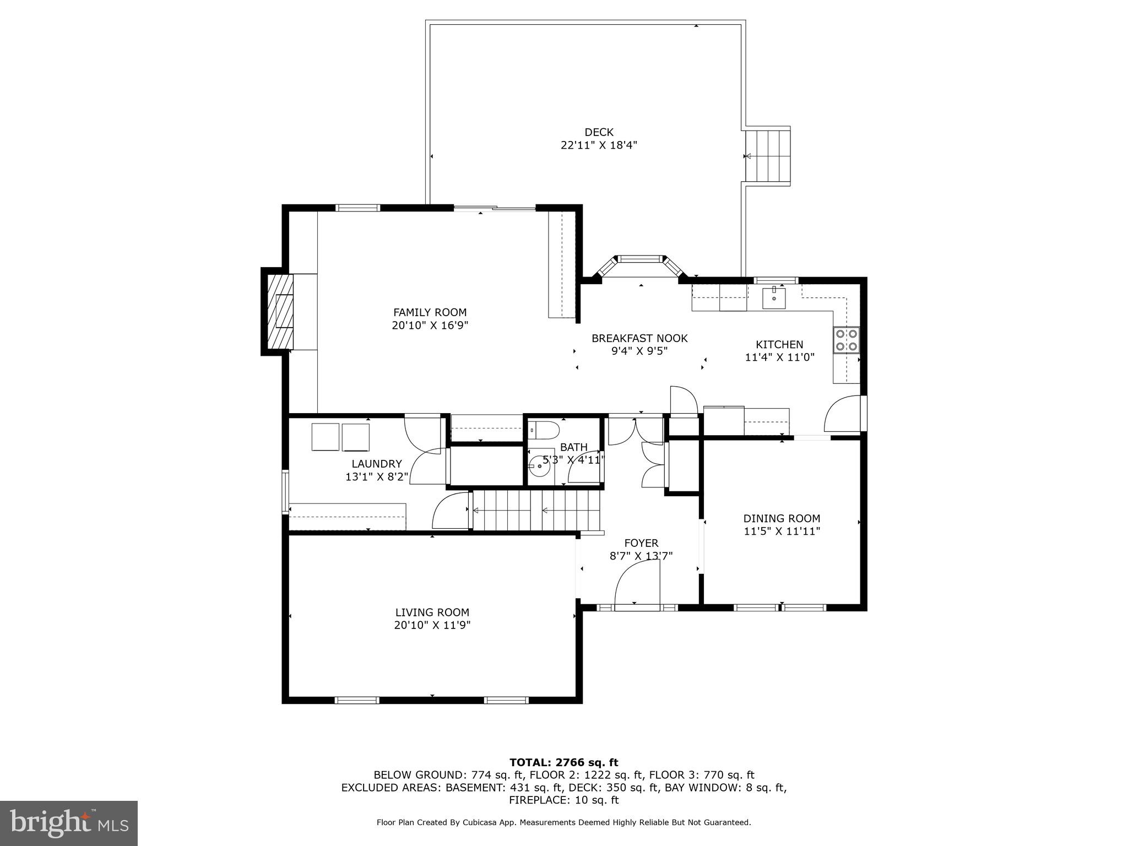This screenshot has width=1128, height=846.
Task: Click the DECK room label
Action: coord(599,132)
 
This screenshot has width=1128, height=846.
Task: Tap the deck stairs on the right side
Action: coord(767,156)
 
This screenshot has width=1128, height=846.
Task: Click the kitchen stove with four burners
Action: coord(847,339)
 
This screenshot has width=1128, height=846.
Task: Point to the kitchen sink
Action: coord(774,297)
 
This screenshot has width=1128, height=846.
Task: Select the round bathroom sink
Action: coord(539,467)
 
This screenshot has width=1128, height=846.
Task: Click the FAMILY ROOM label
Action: coord(430,312)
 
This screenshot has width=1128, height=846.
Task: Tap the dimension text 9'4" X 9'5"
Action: coord(639,351)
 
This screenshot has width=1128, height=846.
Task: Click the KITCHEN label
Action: coord(779,344)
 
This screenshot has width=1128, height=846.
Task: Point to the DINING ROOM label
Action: coord(782,518)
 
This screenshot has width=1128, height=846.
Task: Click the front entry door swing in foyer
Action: coord(637,587)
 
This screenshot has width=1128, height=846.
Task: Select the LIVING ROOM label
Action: coord(432,612)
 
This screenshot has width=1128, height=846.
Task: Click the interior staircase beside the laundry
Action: coord(536,510)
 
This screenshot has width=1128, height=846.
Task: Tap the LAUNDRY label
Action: coord(377,464)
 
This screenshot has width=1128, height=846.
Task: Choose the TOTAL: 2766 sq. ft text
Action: coord(563,762)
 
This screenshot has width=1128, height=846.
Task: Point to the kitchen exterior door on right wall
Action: coord(843,414)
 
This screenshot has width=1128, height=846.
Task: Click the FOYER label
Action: coord(641,543)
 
